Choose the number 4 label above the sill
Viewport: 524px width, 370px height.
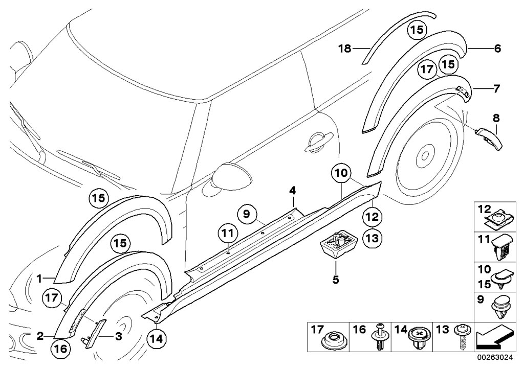click(x=292, y=191)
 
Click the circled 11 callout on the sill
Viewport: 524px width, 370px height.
click(x=227, y=234)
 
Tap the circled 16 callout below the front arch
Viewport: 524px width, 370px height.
click(x=60, y=350)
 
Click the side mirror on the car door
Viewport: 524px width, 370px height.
click(x=224, y=177)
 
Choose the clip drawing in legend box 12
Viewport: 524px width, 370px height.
click(x=498, y=219)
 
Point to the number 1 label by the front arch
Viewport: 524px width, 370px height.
click(x=38, y=278)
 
